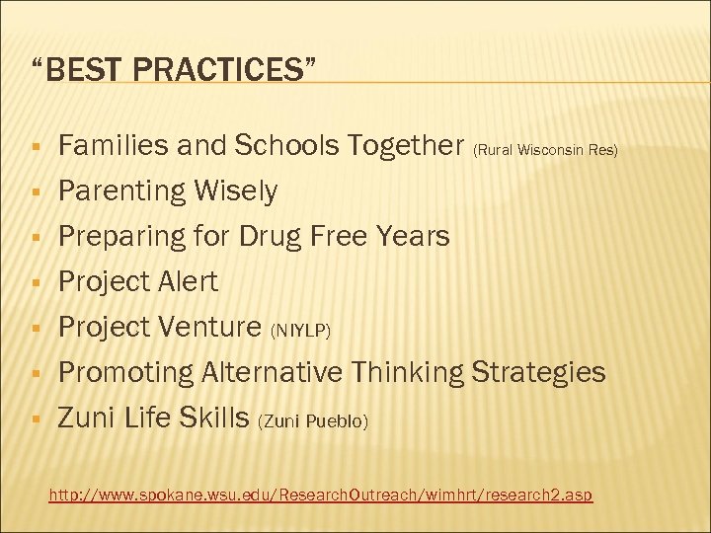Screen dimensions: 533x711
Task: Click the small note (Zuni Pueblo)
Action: point(313,421)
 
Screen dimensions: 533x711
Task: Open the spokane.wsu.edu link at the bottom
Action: point(321,493)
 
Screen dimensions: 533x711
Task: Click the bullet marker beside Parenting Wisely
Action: point(35,192)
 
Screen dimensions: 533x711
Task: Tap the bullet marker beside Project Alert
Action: point(35,283)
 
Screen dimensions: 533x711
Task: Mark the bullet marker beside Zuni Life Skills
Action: point(35,419)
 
